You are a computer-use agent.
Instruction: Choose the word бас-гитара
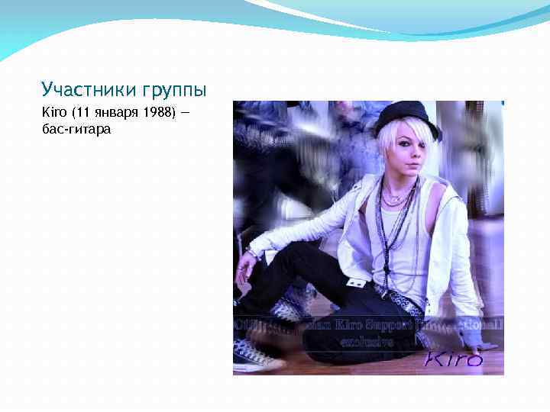pyautogui.click(x=77, y=130)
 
